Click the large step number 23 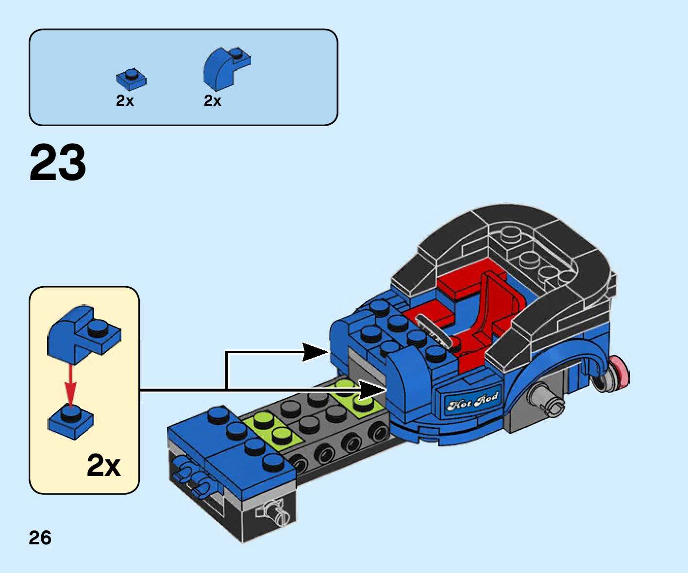click(58, 163)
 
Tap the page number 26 click(40, 538)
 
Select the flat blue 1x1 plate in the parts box click(131, 79)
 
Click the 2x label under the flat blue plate click(125, 100)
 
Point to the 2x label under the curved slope click(213, 100)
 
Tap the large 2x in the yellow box click(103, 466)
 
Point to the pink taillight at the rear click(620, 373)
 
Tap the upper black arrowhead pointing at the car click(315, 352)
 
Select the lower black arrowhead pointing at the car click(371, 390)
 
